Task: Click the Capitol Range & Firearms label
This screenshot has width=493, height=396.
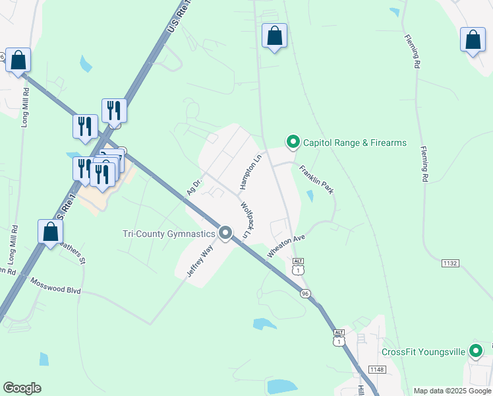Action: [x=355, y=143]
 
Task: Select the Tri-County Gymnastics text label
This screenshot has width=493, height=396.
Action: [x=169, y=234]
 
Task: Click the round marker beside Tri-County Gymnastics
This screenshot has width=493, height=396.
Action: [x=226, y=233]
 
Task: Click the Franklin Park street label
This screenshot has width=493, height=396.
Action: [x=316, y=179]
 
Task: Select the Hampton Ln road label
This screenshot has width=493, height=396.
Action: [x=256, y=168]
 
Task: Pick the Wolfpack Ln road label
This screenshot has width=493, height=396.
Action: [x=246, y=220]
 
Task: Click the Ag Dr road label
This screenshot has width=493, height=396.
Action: [x=192, y=187]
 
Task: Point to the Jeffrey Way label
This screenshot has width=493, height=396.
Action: [x=200, y=262]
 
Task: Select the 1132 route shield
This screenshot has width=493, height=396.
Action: [x=450, y=263]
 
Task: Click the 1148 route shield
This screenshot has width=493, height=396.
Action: [x=376, y=370]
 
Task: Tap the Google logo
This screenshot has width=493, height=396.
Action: [x=22, y=388]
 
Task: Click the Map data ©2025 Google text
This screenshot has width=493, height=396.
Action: [x=452, y=391]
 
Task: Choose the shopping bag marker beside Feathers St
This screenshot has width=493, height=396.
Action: [x=50, y=233]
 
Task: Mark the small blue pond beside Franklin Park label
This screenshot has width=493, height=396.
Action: [x=310, y=196]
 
